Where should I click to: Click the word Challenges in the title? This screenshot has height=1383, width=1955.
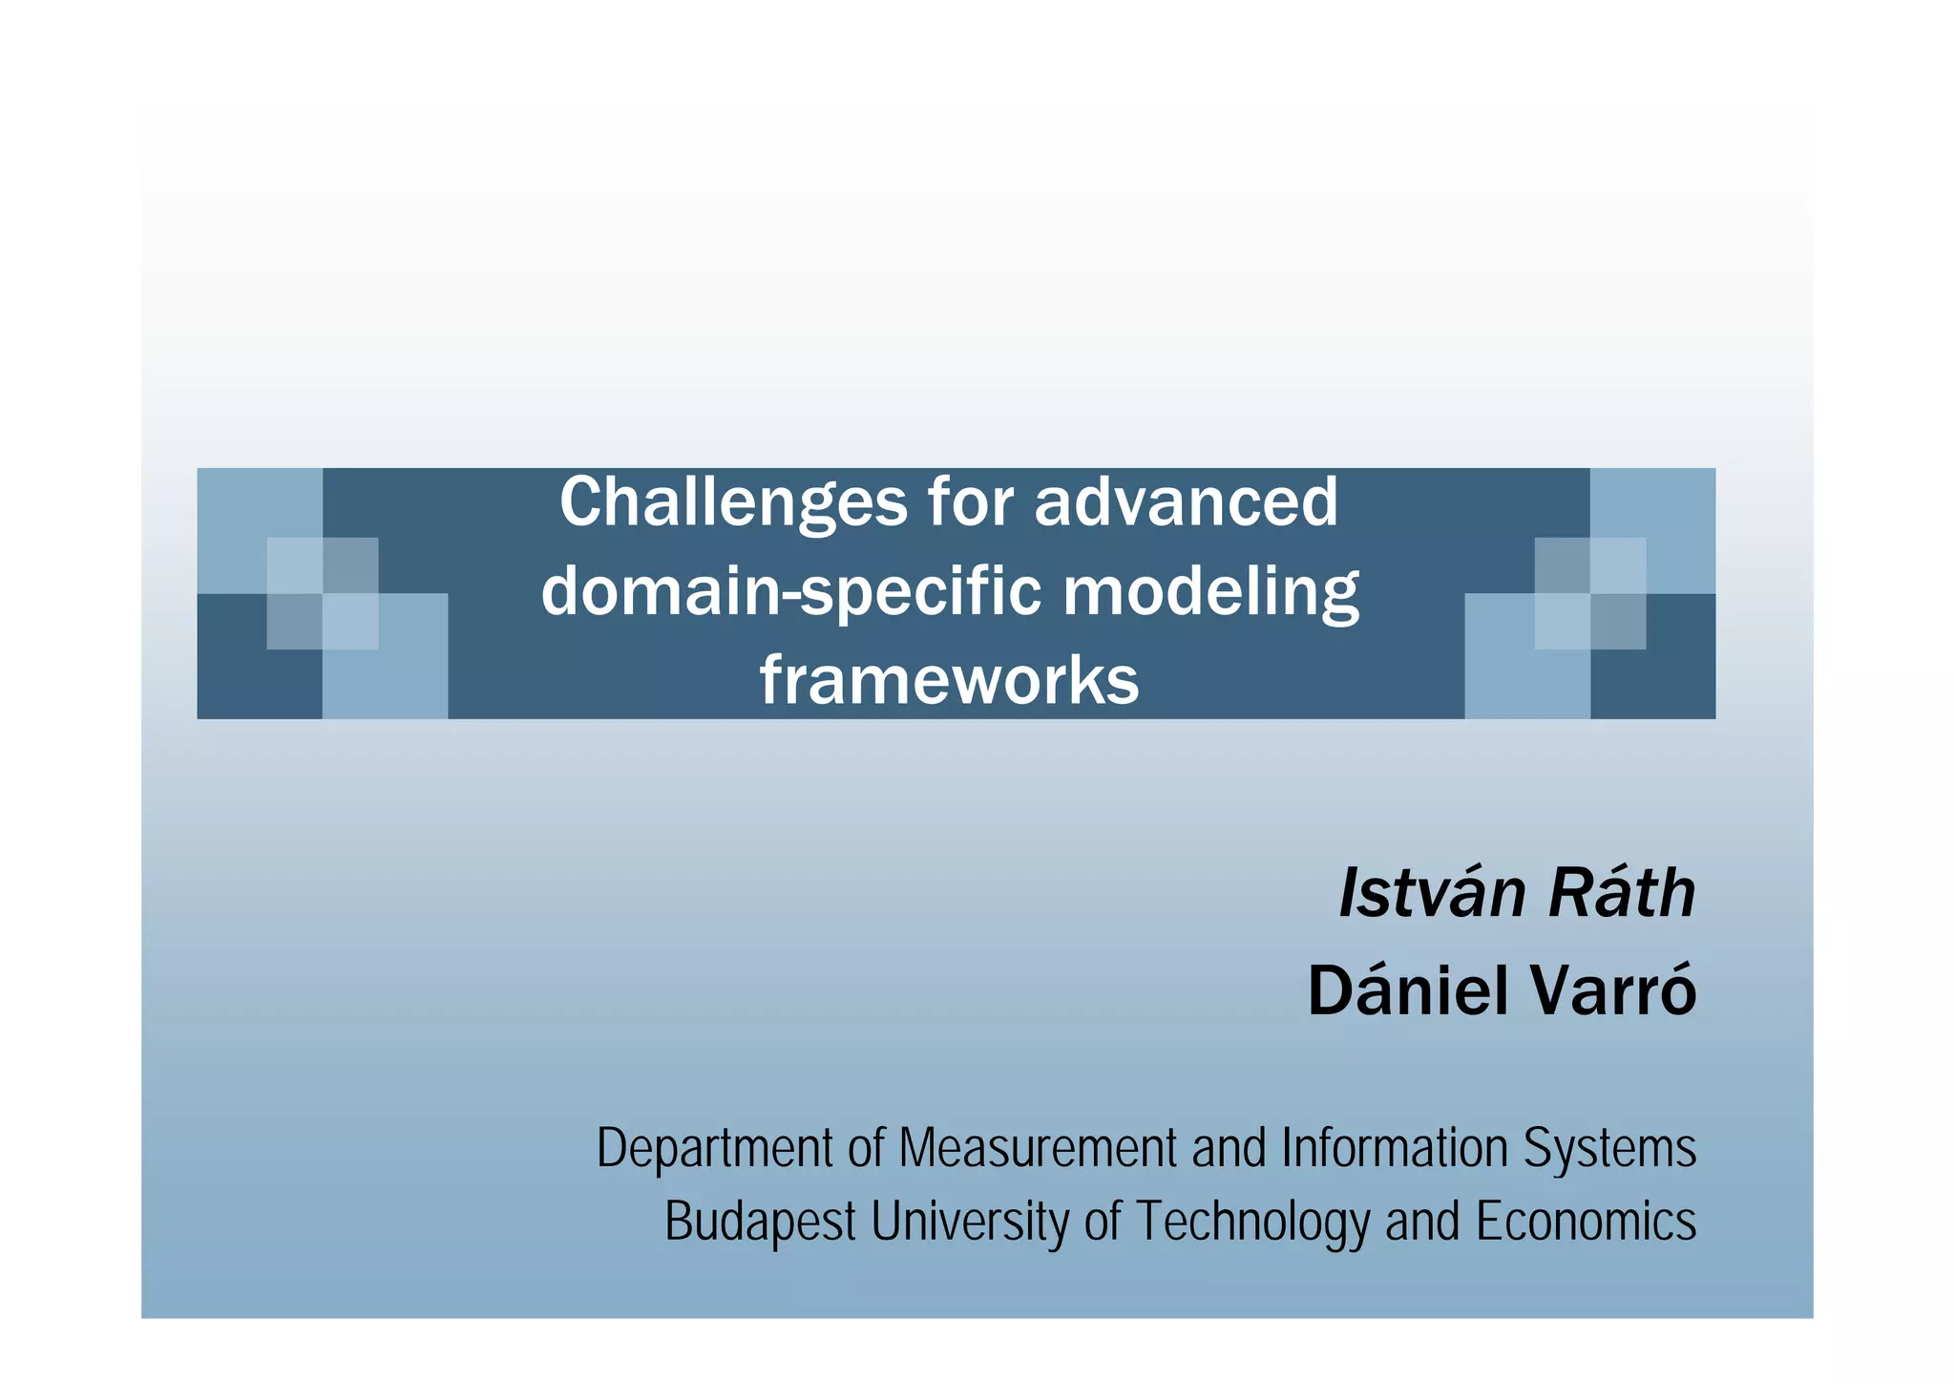[x=732, y=503]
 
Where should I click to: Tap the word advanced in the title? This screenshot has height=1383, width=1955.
[x=1187, y=501]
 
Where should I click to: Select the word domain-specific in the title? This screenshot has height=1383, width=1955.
[x=791, y=592]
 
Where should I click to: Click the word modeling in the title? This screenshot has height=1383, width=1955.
[x=1210, y=592]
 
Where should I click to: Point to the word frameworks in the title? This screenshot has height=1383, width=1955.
[x=949, y=681]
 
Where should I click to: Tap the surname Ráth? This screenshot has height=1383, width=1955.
[x=1621, y=894]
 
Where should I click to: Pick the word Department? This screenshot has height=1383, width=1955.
[x=714, y=1148]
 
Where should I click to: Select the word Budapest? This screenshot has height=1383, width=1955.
[x=760, y=1222]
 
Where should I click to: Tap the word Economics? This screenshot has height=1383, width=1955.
[x=1586, y=1221]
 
